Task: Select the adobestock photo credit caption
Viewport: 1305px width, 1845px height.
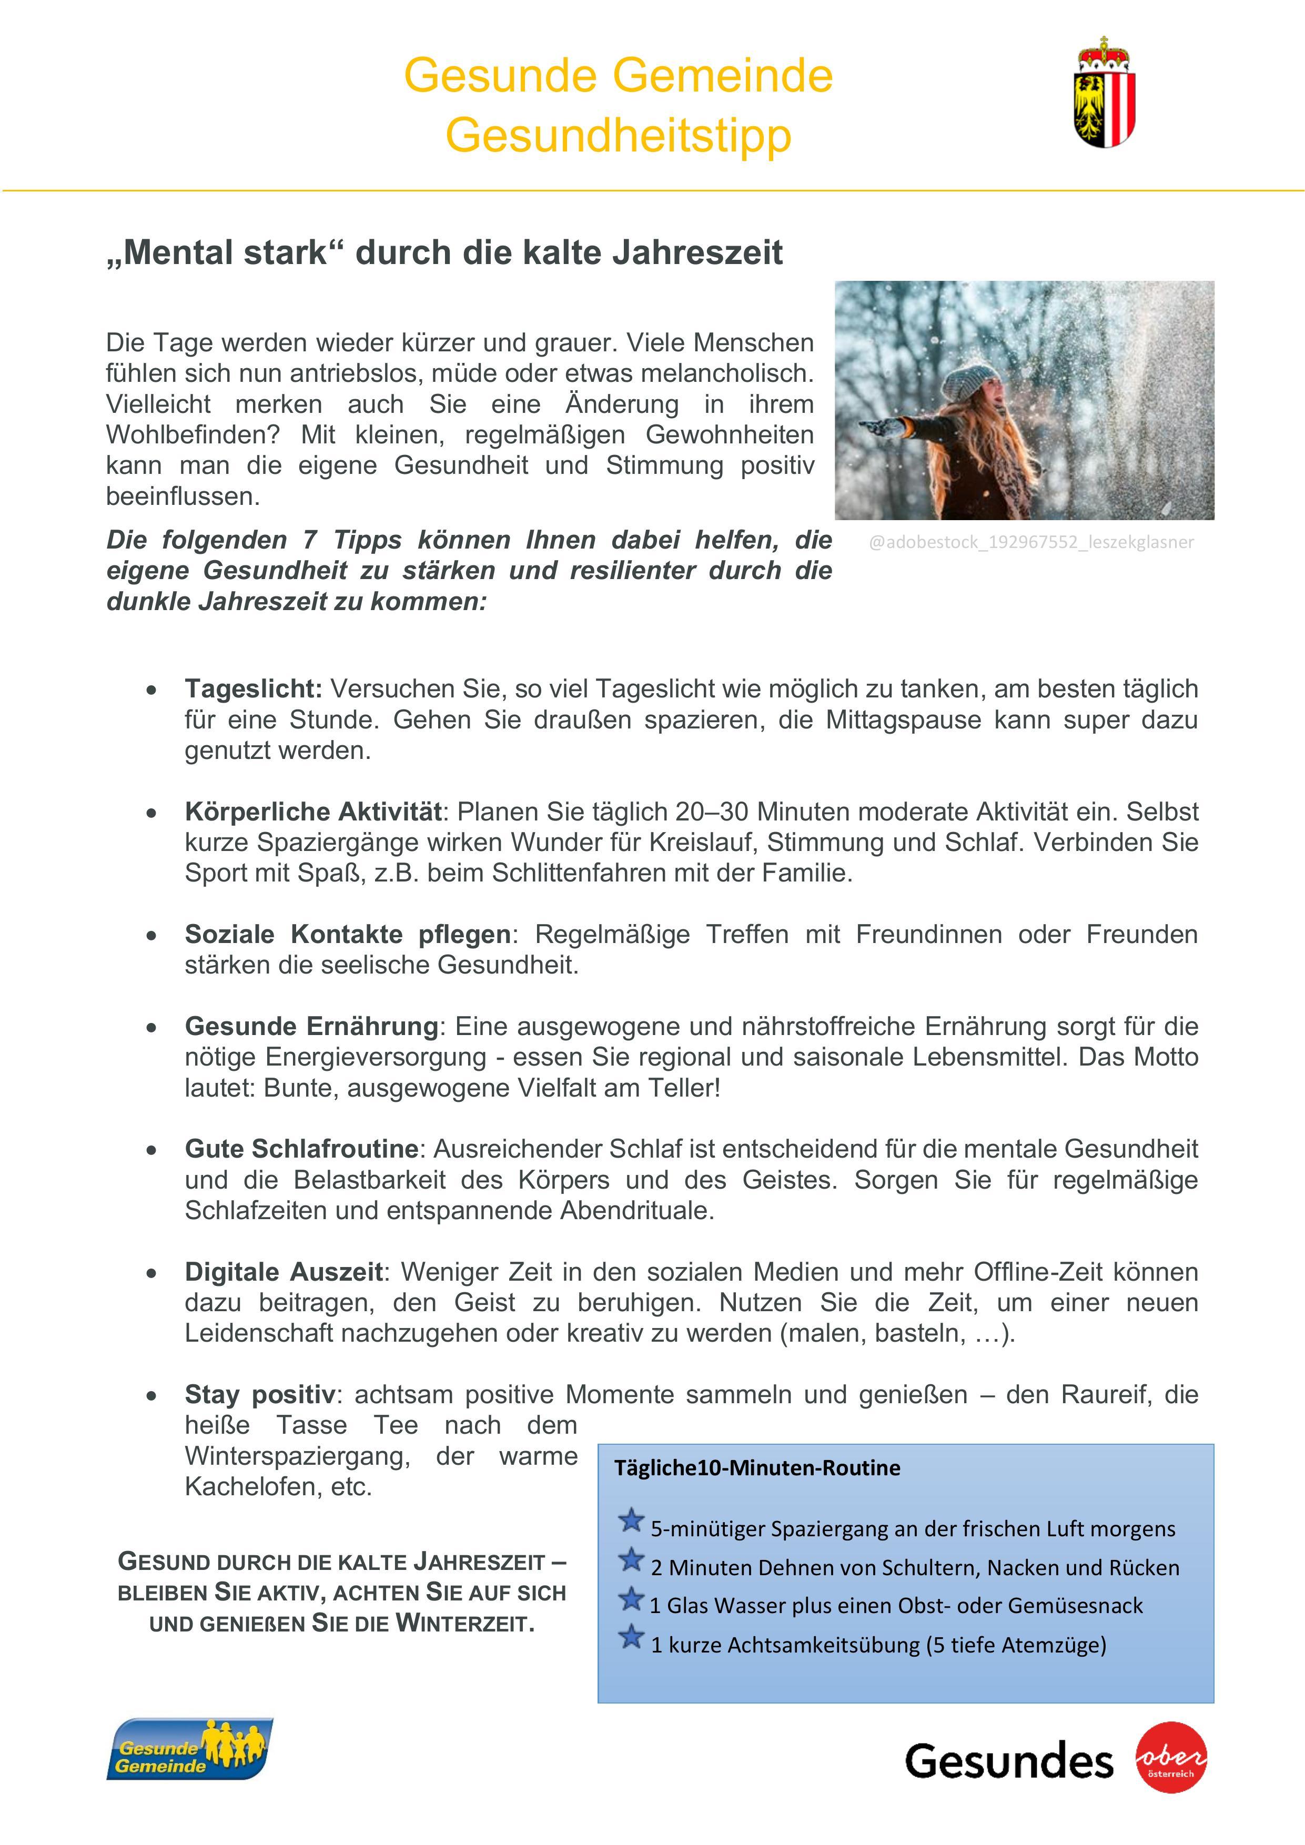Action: click(1031, 542)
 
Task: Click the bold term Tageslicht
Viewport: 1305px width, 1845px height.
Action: click(253, 688)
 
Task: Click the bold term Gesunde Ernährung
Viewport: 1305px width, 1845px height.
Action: click(311, 1026)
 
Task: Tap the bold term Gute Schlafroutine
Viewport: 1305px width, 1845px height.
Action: click(301, 1149)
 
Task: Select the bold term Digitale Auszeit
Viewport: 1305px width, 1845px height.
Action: click(283, 1272)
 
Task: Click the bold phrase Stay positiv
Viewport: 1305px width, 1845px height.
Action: click(259, 1394)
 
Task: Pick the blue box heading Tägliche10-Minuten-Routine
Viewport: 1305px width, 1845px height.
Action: click(757, 1468)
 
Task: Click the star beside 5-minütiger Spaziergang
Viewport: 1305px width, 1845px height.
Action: click(632, 1520)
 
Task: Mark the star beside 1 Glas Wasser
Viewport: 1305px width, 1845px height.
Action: click(632, 1598)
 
